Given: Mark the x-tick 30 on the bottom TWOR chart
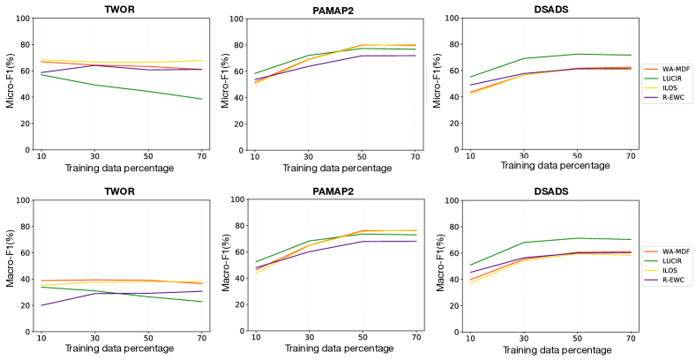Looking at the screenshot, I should (94, 337).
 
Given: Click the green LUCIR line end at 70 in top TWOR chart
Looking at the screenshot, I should (202, 99).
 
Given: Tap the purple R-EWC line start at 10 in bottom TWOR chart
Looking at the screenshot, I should (41, 305).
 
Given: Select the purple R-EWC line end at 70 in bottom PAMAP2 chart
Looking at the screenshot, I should (415, 241).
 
